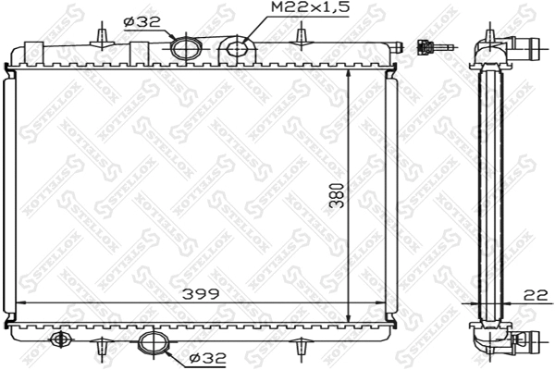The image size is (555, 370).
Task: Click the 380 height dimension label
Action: [x=338, y=196]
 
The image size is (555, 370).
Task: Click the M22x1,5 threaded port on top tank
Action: [x=237, y=47]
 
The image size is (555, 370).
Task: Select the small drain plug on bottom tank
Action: [x=62, y=339]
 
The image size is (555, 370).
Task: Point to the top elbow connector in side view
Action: [x=509, y=47]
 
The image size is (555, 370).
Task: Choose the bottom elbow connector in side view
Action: [x=509, y=339]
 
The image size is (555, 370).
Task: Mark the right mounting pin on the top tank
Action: [x=300, y=35]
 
